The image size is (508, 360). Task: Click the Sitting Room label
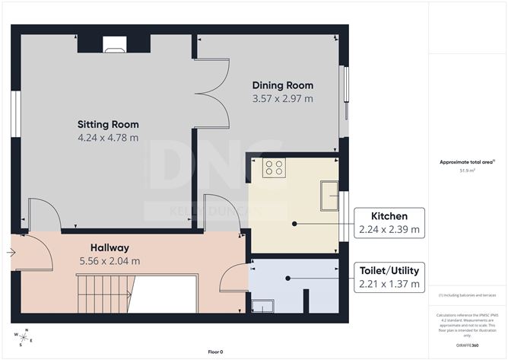[108, 124]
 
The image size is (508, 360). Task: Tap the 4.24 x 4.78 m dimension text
[108, 138]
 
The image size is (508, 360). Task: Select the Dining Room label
[283, 85]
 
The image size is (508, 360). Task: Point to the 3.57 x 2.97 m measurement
[283, 98]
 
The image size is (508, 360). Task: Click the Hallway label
[110, 247]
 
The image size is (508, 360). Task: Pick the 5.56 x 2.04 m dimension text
[110, 261]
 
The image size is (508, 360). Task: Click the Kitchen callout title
[389, 216]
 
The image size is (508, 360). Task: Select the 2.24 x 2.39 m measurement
[389, 229]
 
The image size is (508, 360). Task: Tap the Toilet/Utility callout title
[389, 270]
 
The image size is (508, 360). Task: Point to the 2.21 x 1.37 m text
[389, 284]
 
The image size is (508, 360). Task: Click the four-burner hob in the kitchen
[274, 167]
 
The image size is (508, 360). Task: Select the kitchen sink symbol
[329, 195]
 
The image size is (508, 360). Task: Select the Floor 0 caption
[215, 352]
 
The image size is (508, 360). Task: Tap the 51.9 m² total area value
[468, 170]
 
